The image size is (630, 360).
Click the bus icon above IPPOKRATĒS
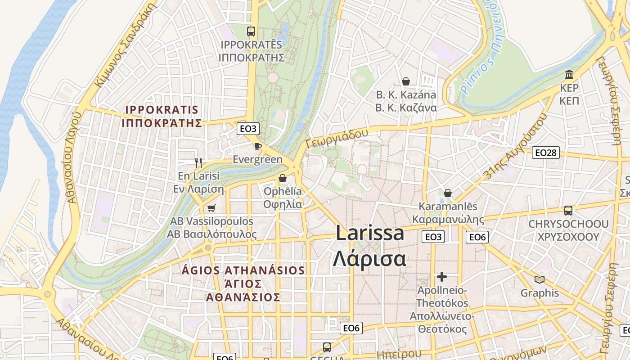pyautogui.click(x=251, y=31)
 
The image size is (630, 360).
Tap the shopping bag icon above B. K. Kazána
pyautogui.click(x=406, y=81)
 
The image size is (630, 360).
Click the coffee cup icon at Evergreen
pyautogui.click(x=257, y=146)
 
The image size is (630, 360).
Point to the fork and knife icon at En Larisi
pyautogui.click(x=198, y=162)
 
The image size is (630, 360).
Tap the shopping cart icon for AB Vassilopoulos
pyautogui.click(x=211, y=208)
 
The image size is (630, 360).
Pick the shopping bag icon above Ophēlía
pyautogui.click(x=283, y=178)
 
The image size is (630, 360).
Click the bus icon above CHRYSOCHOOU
pyautogui.click(x=568, y=210)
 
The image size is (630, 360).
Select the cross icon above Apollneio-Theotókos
pyautogui.click(x=442, y=276)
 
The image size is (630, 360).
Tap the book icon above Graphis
pyautogui.click(x=540, y=279)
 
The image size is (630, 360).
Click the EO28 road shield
pyautogui.click(x=545, y=153)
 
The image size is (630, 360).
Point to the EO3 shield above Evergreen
pyautogui.click(x=248, y=129)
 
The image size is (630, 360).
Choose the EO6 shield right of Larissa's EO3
pyautogui.click(x=477, y=237)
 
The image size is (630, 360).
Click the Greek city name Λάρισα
pyautogui.click(x=369, y=259)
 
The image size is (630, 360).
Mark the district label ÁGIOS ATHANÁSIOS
pyautogui.click(x=243, y=270)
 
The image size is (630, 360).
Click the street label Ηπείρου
pyautogui.click(x=399, y=354)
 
